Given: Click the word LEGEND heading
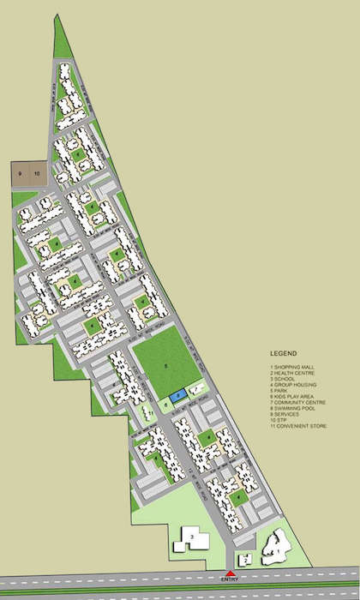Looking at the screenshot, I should [283, 353].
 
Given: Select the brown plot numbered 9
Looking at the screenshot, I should [20, 173].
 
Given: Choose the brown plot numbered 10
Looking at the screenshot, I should [36, 173].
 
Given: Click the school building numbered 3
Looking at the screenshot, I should [192, 541].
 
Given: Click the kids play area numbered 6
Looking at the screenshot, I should [165, 403].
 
